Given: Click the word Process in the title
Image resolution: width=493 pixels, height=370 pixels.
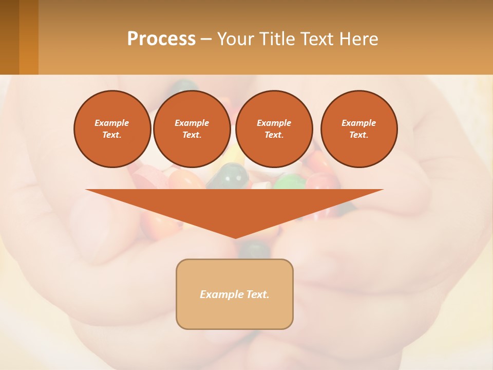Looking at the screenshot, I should (161, 39).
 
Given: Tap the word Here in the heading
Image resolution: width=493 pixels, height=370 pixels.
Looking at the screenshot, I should (359, 39).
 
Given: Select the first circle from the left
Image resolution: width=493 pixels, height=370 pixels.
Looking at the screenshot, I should (112, 129).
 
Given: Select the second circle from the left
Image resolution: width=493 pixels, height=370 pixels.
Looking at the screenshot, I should (192, 129).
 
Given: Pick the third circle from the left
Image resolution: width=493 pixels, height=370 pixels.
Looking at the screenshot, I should (274, 129).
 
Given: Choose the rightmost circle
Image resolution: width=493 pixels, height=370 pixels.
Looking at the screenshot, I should (358, 129).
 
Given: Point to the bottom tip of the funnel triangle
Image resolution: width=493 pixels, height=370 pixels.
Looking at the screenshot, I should (235, 237).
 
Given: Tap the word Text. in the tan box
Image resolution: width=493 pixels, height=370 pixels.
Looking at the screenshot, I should (258, 294).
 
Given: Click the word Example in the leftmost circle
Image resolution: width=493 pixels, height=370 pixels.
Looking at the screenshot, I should (112, 123).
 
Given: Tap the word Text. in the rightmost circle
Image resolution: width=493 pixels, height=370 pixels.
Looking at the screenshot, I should (358, 135).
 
